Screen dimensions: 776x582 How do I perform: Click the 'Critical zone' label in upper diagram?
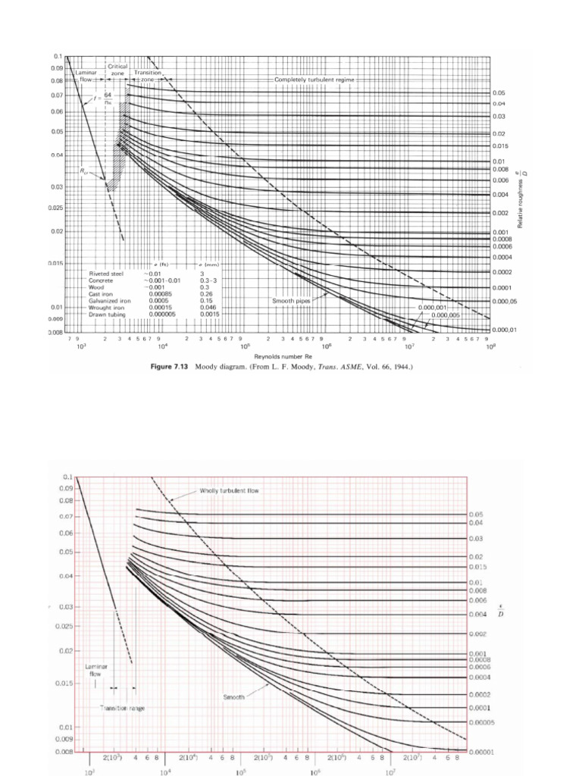tap(117, 70)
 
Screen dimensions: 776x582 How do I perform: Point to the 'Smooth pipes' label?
tap(292, 301)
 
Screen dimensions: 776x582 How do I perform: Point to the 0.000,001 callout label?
tap(433, 308)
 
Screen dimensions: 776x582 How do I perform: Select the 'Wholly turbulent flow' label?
tap(229, 490)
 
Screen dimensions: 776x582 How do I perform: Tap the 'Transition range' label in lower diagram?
tap(122, 708)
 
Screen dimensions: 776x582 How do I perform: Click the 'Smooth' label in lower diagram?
tap(233, 694)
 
